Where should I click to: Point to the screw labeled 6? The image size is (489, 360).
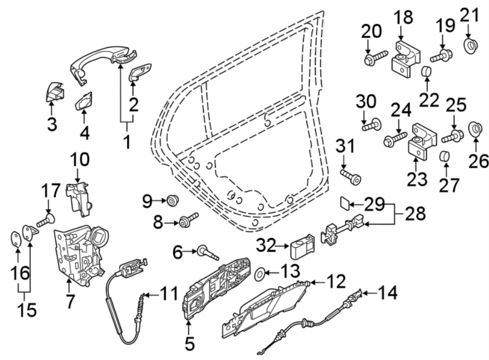[206, 252]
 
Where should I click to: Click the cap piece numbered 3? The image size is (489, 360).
[54, 92]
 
